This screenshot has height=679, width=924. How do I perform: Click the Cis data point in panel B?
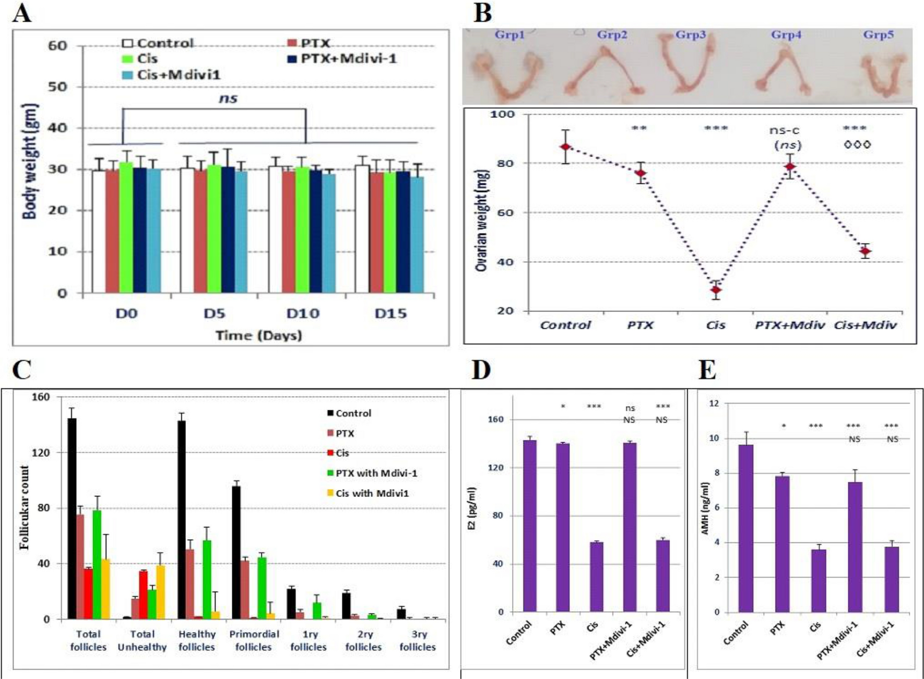point(716,290)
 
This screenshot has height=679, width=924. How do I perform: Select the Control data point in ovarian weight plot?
point(565,147)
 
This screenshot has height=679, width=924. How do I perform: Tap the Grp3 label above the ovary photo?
point(690,35)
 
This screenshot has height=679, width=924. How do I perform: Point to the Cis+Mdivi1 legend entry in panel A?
point(171,75)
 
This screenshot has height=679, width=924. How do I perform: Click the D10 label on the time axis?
point(303,313)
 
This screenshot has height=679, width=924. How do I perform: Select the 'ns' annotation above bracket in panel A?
point(228,98)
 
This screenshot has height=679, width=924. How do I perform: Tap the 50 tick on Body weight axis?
point(57,87)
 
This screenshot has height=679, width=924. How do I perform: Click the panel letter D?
point(480,370)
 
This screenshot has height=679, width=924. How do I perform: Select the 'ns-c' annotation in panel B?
point(784,130)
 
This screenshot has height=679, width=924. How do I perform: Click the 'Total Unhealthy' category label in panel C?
point(142,640)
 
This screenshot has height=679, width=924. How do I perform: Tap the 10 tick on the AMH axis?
point(713,439)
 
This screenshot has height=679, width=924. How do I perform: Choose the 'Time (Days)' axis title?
point(258,335)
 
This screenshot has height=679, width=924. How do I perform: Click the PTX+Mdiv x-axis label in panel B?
point(789,325)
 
